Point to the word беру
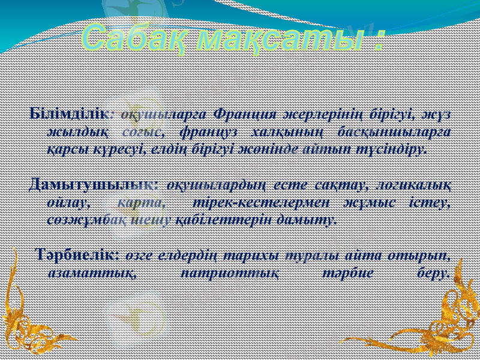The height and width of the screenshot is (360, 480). pos(431,273)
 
